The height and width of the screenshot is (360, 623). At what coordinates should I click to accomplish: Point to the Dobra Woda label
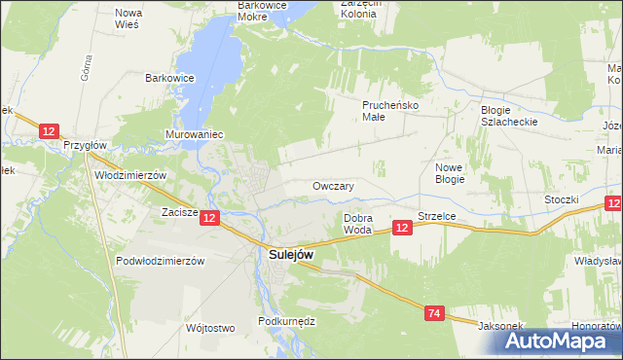pos(357,224)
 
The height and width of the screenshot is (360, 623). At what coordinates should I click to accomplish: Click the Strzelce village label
pos(437,216)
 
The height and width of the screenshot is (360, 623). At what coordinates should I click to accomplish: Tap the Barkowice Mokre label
pos(266,11)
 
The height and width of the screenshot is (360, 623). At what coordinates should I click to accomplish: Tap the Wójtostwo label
pos(210,328)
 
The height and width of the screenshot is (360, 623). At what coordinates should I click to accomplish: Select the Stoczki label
pos(562,199)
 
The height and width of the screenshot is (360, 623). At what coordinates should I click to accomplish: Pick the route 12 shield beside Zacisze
pos(211,219)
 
